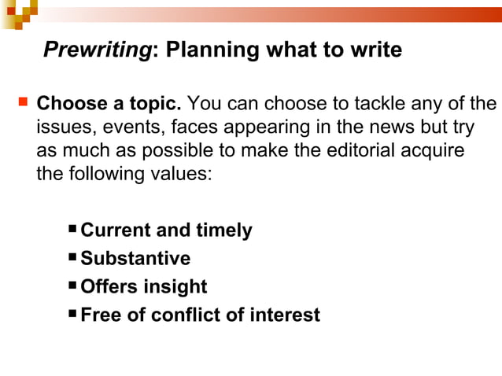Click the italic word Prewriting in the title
(x=97, y=51)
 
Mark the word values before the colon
(x=185, y=173)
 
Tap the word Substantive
(x=135, y=259)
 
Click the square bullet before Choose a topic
(x=22, y=103)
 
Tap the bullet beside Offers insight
(x=72, y=286)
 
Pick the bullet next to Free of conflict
(x=72, y=315)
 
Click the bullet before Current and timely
(x=72, y=230)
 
